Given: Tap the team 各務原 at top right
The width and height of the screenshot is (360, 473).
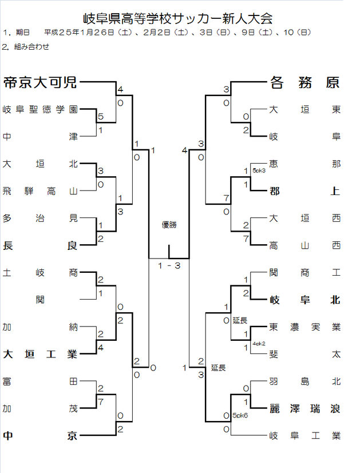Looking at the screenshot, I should [304, 83].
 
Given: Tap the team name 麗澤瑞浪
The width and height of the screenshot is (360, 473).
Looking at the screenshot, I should [304, 408].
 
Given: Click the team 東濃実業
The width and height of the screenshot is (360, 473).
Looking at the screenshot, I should [304, 327].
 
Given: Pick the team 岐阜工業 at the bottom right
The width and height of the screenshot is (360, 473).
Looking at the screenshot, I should [304, 436].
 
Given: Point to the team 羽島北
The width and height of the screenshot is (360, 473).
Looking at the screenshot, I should [304, 381].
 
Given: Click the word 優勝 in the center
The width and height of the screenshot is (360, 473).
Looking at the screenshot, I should [169, 225].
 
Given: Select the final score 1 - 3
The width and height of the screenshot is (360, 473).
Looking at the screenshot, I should [169, 265].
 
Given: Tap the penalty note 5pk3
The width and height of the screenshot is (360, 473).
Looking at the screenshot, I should [259, 170].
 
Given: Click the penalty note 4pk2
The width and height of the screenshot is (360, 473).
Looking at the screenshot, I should [259, 344].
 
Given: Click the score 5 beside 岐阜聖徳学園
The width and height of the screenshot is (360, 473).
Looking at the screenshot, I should [101, 117].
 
